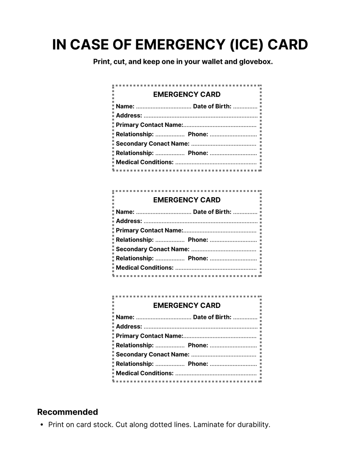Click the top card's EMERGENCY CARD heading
pos(187,94)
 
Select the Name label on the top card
pos(125,106)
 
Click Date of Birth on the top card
pos(212,106)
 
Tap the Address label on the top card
pos(129,116)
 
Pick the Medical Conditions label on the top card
pos(144,162)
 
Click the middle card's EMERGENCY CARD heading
pos(187,200)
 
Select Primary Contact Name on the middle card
pos(149,230)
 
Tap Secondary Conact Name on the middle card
pos(152,249)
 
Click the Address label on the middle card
pos(129,221)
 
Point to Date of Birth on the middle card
pos(212,212)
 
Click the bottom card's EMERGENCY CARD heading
pos(187,306)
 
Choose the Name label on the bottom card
pos(125,317)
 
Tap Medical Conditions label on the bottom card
pos(144,373)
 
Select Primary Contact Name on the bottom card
pos(149,336)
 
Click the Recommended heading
pos(67,412)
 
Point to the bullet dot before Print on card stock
pos(42,425)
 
